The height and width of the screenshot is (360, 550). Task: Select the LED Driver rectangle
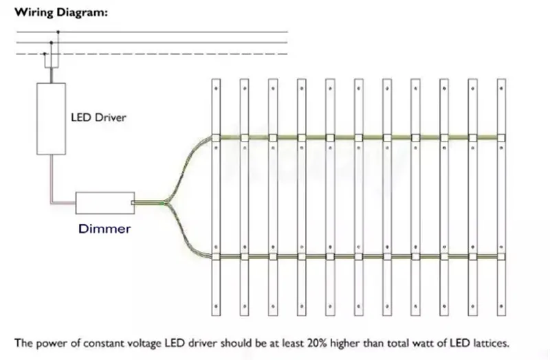pos(52,119)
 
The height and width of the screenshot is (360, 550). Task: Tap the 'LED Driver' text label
pos(99,117)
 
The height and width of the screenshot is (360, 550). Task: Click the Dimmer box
pos(104,202)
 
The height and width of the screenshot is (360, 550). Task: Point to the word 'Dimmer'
pos(104,228)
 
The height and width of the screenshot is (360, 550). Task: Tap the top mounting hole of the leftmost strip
pos(216,89)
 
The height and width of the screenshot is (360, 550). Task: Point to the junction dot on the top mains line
pos(58,32)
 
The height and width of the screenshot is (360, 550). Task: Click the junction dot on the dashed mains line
pos(45,54)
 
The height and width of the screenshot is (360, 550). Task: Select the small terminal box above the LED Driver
pos(52,62)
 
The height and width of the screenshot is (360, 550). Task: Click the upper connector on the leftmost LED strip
pos(216,137)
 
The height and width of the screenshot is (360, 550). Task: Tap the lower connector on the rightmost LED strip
pos(501,257)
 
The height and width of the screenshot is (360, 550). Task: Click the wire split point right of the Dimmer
pos(167,202)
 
